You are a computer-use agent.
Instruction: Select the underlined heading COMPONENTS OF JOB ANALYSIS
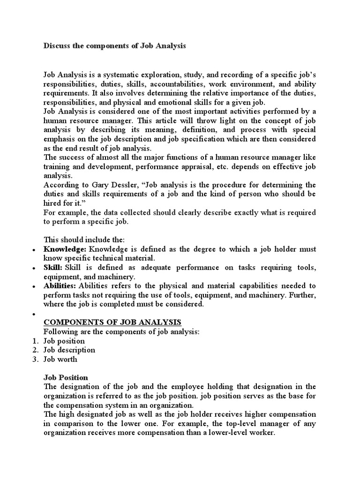pos(112,322)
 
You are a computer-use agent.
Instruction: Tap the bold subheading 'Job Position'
pos(66,377)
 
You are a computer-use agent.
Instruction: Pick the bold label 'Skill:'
pos(53,267)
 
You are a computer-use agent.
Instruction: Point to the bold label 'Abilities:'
pos(60,285)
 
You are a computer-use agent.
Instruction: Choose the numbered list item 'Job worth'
pos(60,359)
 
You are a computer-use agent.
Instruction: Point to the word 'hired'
pos(53,202)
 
